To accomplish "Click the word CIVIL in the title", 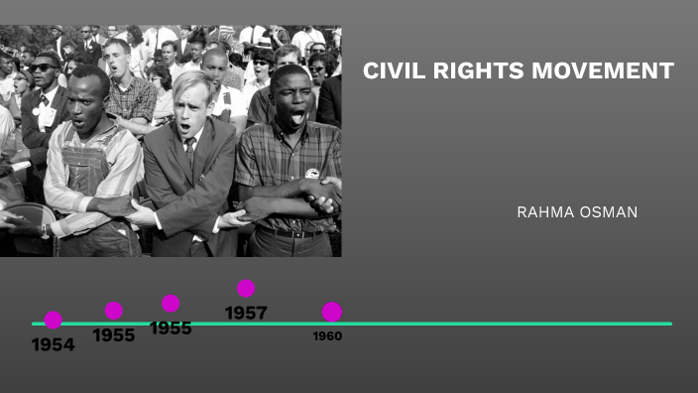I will [x=390, y=71].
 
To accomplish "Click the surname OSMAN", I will [x=610, y=212].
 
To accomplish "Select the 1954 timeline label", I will [x=53, y=345].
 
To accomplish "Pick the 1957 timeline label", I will [x=246, y=313].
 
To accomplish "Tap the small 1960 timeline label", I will [x=327, y=336].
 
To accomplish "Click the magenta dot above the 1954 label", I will [x=54, y=320].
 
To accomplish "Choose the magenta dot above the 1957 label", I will [x=246, y=289].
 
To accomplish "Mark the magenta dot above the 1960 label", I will [x=332, y=312].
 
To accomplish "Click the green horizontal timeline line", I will [x=496, y=324].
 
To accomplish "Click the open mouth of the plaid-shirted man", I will [x=296, y=116].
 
